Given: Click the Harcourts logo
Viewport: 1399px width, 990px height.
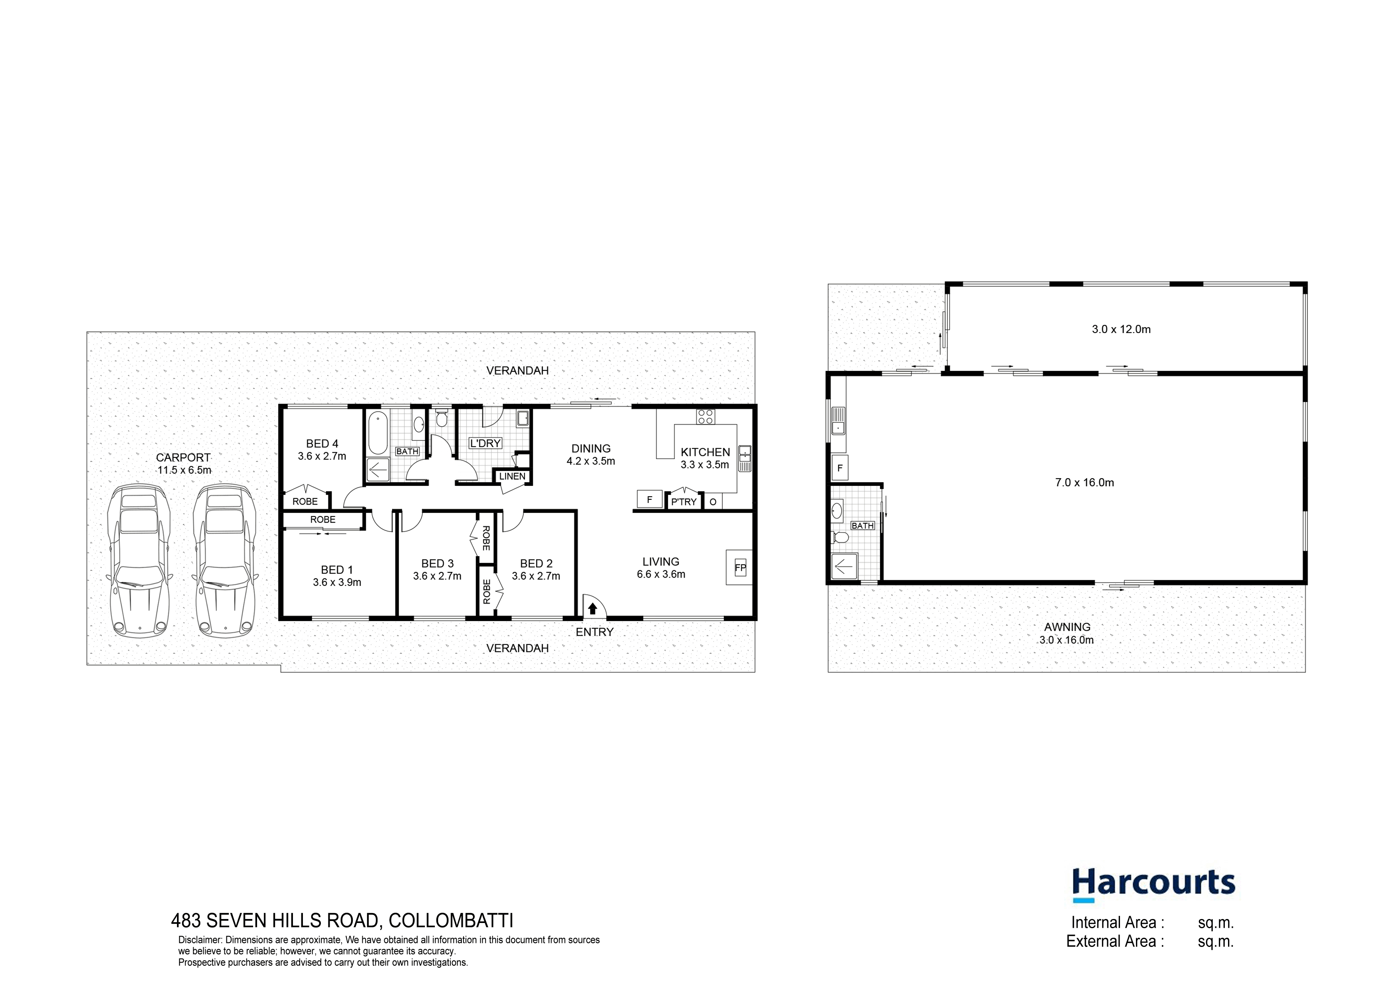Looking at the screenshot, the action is (1153, 885).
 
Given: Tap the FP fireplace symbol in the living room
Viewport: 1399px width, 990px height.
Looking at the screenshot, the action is (740, 568).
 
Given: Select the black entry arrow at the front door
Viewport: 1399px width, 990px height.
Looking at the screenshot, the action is (592, 608).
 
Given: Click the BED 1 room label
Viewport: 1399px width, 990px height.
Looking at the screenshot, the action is (337, 569).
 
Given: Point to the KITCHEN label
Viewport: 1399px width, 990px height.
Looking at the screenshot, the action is (705, 452).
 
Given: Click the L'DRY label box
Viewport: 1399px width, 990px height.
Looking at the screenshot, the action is (485, 443).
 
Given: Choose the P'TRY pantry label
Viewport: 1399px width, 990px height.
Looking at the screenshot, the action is (684, 502).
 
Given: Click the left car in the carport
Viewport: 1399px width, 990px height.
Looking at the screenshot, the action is (139, 560).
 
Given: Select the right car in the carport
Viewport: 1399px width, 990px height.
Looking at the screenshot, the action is (224, 560).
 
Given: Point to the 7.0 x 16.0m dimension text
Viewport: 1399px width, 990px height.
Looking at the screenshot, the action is (1085, 482).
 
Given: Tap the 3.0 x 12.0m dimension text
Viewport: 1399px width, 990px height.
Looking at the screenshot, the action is (1121, 329).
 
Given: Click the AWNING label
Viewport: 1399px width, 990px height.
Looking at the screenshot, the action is (1067, 627).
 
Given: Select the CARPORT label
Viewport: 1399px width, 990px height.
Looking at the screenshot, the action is (183, 457).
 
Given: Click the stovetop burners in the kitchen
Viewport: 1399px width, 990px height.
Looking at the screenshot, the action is (705, 417).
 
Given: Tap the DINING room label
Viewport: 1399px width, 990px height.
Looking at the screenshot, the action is (590, 448).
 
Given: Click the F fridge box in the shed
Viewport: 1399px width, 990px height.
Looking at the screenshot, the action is (840, 468).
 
